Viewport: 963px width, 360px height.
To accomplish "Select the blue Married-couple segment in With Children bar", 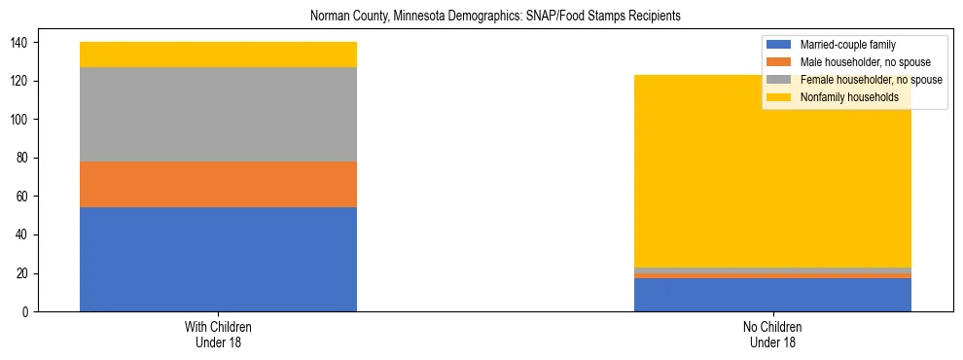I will [218, 259].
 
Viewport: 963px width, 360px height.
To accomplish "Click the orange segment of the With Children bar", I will [218, 184].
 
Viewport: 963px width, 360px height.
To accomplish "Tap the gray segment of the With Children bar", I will [218, 114].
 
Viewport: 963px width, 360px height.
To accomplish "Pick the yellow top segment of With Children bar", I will [218, 54].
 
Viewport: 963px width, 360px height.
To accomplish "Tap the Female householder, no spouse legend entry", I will [870, 80].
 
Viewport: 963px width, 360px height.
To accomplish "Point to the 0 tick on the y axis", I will [27, 312].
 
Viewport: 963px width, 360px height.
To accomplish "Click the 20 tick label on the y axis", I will [24, 273].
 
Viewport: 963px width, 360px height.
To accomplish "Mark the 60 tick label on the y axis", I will [24, 197].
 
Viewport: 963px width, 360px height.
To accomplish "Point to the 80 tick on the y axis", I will [24, 158].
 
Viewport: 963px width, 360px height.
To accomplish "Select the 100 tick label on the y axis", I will [21, 120].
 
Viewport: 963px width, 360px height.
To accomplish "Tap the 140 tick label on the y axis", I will [21, 43].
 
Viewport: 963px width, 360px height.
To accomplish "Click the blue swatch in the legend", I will [779, 45].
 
